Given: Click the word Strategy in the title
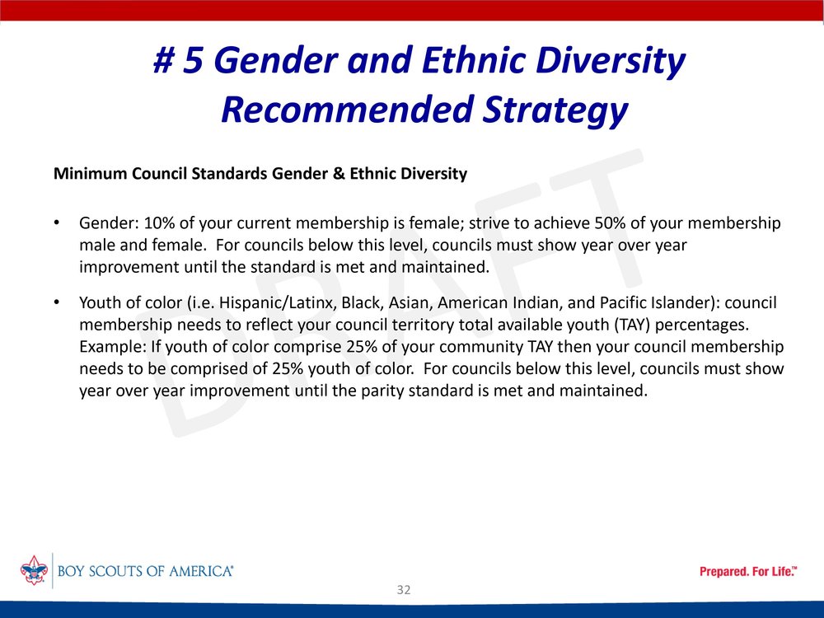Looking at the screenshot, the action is point(555,110).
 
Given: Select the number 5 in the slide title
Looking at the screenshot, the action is point(193,60).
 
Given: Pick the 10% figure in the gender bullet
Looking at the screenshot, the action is point(159,223).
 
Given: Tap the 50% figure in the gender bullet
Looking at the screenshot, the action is point(610,223).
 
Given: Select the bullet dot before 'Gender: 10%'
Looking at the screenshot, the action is point(57,222).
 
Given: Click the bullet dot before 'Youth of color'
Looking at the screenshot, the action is point(57,302).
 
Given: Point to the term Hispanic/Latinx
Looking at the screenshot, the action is point(278,303).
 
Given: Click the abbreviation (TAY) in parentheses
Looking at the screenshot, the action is point(631,325).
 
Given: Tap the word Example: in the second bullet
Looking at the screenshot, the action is point(112,348).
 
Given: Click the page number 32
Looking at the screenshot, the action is point(404,590).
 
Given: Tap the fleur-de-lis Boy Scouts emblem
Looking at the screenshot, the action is point(34,570).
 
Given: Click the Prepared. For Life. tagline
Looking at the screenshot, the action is point(748,571).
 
